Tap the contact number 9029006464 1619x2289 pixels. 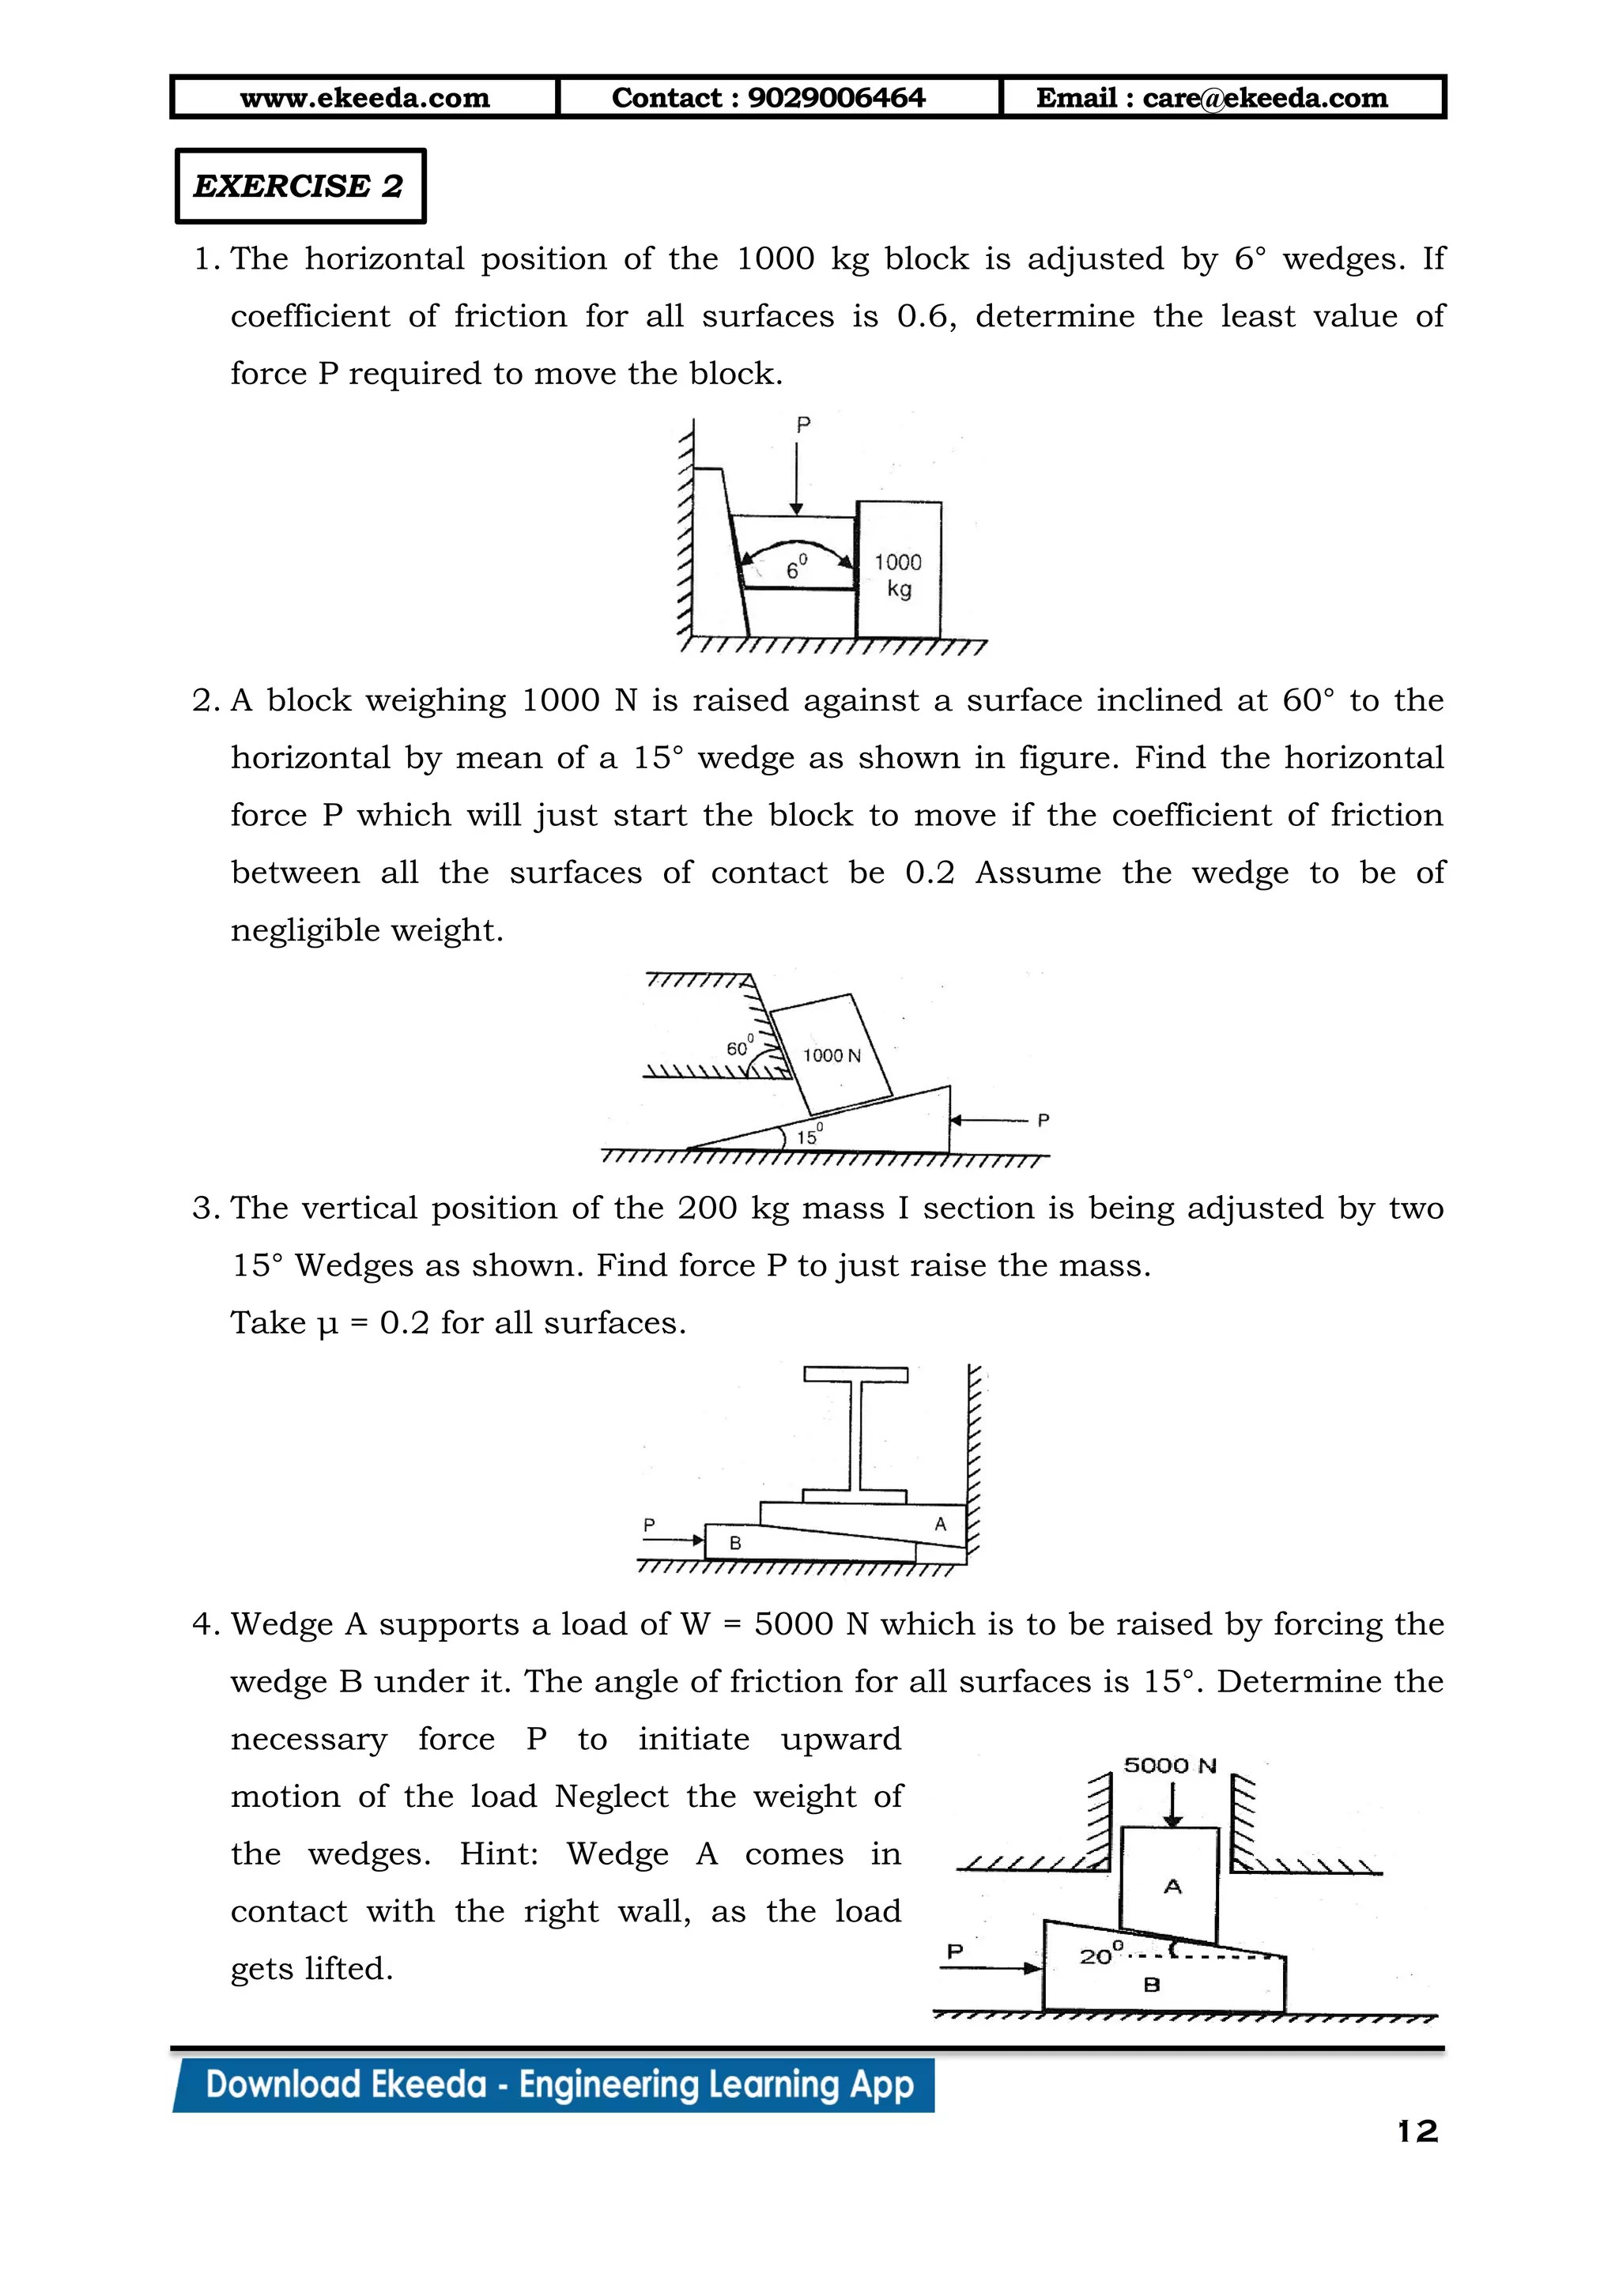[x=836, y=98]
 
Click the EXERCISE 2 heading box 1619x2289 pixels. [x=299, y=187]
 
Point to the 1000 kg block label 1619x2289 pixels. [x=898, y=575]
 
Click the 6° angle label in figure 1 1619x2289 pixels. [x=795, y=568]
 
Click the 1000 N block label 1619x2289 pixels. [x=832, y=1054]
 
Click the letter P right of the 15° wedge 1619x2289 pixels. [x=1043, y=1121]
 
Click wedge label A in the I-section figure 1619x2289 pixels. [x=939, y=1523]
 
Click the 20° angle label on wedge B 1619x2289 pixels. [x=1100, y=1956]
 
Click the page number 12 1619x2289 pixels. [x=1417, y=2132]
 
